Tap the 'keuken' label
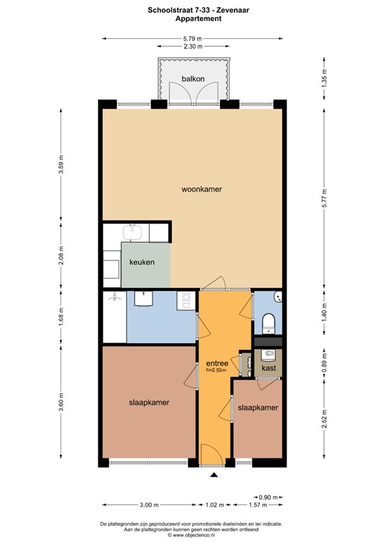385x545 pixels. pos(142,262)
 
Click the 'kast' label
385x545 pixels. pos(268,368)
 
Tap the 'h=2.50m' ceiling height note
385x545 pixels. pos(216,370)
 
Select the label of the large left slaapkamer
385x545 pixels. pos(149,402)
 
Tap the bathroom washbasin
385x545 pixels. pos(144,298)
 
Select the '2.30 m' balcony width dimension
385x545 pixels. pos(192,46)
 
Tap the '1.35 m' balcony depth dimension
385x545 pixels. pos(325,78)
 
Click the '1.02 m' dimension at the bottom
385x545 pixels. pos(215,505)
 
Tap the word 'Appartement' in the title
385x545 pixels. pos(192,19)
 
